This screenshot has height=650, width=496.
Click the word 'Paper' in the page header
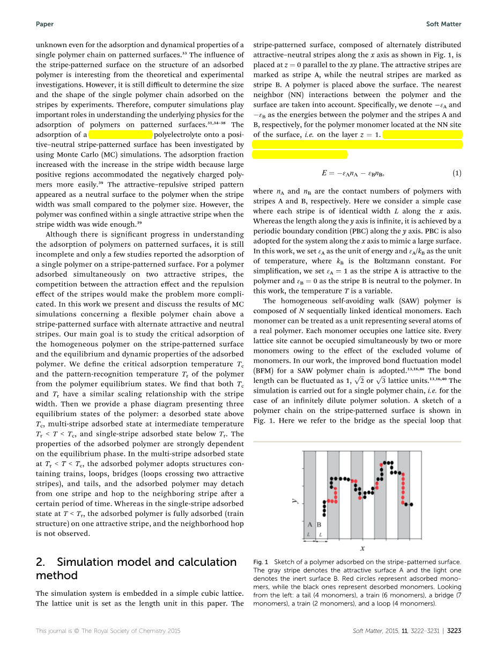click(x=45, y=24)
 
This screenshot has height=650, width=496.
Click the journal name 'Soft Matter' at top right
click(x=443, y=24)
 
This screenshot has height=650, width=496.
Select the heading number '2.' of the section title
click(x=42, y=562)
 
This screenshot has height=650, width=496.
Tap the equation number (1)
click(x=456, y=173)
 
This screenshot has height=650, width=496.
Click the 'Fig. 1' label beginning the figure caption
click(x=261, y=562)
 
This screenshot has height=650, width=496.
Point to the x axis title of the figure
click(x=362, y=548)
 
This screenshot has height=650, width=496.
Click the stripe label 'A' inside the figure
click(x=309, y=525)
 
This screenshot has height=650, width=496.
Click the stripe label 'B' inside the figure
click(x=320, y=525)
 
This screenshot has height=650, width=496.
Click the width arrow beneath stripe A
click(x=309, y=540)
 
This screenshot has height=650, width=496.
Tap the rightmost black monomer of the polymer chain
click(x=411, y=505)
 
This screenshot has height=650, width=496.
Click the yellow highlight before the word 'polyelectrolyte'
click(x=121, y=135)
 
